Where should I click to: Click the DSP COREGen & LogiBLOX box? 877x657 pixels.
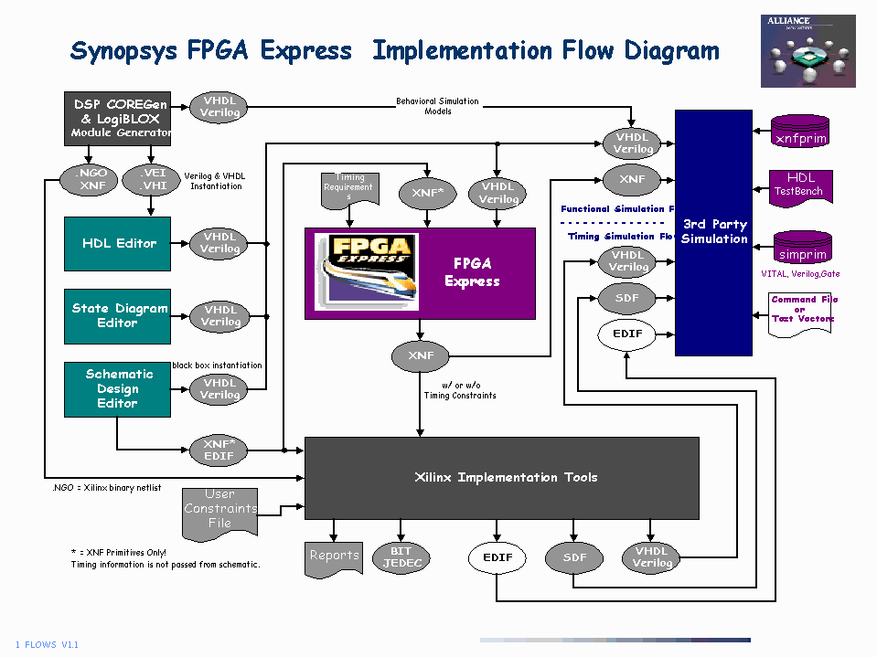coord(118,118)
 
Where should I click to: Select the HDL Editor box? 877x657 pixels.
coord(118,243)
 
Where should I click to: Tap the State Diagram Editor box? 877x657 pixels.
coord(118,315)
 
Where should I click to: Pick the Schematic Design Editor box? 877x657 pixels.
coord(118,388)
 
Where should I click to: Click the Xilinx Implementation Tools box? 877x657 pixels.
coord(501,477)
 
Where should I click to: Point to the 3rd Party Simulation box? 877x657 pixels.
coord(713,232)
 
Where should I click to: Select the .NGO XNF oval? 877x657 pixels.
coord(89,179)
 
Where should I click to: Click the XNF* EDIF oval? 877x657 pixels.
coord(219,450)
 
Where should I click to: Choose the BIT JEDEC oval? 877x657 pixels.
coord(401,557)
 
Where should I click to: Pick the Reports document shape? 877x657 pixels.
coord(334,556)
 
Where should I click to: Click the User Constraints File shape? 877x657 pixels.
coord(219,510)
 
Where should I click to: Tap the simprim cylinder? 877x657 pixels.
coord(802,250)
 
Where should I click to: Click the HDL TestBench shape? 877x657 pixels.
coord(798,185)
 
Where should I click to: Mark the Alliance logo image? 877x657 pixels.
coord(807,51)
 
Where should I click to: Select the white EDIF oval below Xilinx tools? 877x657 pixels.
coord(497,557)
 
